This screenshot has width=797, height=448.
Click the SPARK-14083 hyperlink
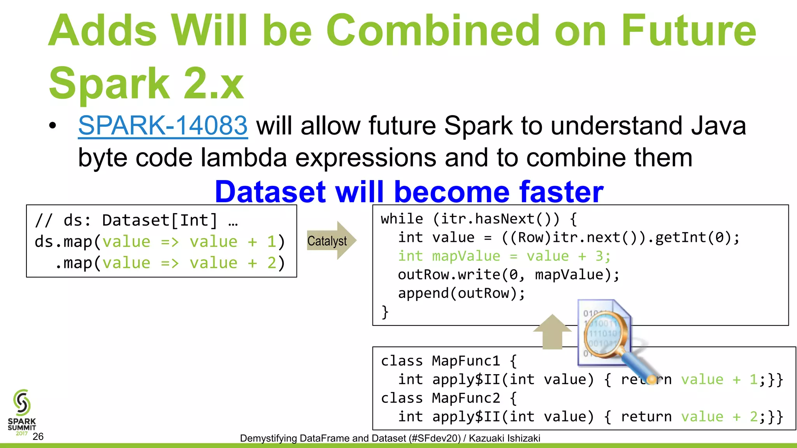click(x=163, y=126)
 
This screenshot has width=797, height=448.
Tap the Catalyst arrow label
click(x=327, y=241)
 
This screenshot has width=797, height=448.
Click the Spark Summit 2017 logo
click(x=22, y=412)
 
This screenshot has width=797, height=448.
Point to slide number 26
click(x=38, y=437)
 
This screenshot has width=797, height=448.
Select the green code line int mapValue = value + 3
click(x=504, y=256)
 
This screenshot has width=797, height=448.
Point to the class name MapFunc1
click(x=465, y=361)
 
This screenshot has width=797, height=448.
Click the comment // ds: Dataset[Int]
click(x=136, y=220)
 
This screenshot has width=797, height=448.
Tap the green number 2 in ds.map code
click(x=272, y=263)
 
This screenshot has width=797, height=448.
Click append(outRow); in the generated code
click(x=461, y=293)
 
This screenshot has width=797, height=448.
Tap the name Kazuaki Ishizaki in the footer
click(x=504, y=438)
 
